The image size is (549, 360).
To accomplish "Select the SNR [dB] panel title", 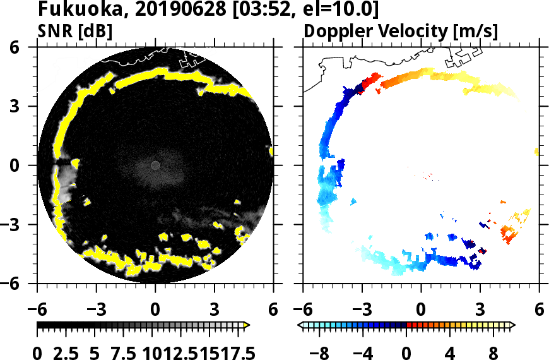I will click(x=75, y=31).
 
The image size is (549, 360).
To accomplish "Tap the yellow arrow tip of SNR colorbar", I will click(x=247, y=325).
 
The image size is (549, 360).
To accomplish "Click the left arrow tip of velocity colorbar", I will click(x=300, y=325).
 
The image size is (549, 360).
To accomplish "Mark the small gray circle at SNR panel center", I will click(x=155, y=165).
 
